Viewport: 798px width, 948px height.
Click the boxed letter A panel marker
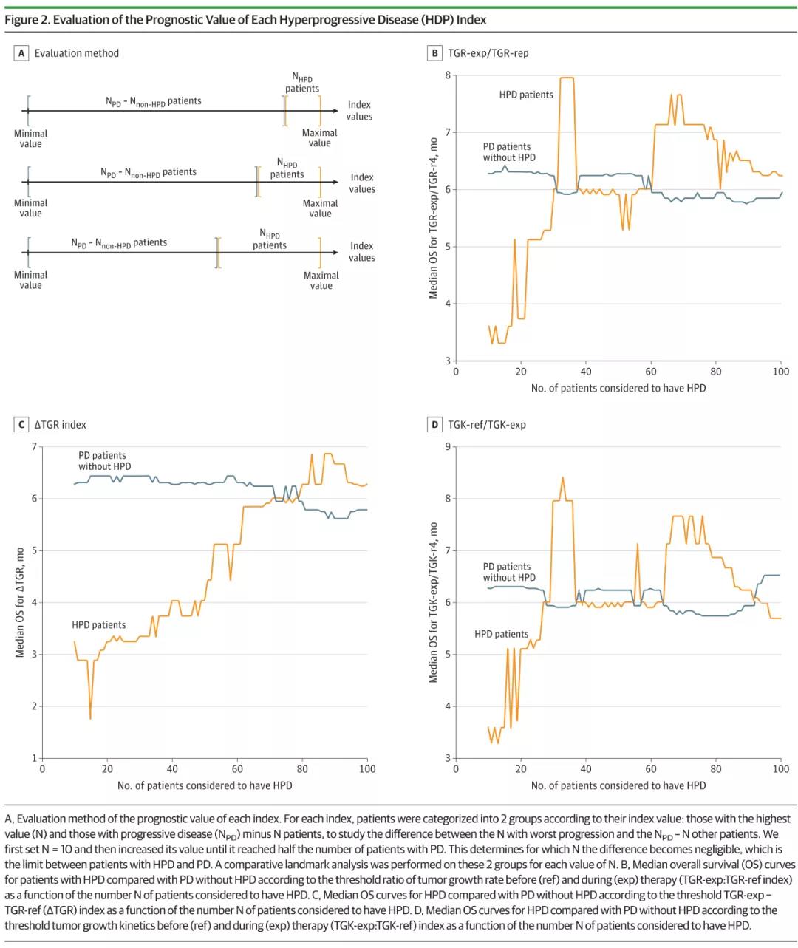[x=21, y=53]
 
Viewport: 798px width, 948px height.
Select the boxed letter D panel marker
[x=435, y=425]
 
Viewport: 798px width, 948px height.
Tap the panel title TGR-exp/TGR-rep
[x=488, y=53]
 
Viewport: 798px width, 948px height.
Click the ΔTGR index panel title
[x=61, y=425]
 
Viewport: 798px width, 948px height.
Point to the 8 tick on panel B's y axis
[x=447, y=75]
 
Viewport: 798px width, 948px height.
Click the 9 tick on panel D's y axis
[x=447, y=447]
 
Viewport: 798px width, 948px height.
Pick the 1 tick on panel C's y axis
[x=34, y=758]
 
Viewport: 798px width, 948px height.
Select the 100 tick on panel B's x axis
[x=781, y=372]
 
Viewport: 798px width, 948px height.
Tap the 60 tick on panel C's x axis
[x=237, y=768]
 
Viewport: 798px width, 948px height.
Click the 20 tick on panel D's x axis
[x=521, y=768]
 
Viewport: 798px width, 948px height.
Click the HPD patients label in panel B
[x=526, y=95]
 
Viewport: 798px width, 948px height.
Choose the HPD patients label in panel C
[x=98, y=625]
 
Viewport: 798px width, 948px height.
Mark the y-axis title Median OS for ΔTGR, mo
[x=20, y=602]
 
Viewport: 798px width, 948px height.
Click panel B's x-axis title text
[x=618, y=388]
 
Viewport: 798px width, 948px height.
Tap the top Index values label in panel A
[x=359, y=111]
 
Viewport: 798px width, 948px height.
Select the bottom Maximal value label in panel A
[x=321, y=280]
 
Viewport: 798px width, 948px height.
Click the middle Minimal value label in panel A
[x=30, y=208]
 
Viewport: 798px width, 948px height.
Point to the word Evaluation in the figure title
[x=77, y=20]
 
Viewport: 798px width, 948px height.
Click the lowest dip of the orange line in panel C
[x=90, y=718]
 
